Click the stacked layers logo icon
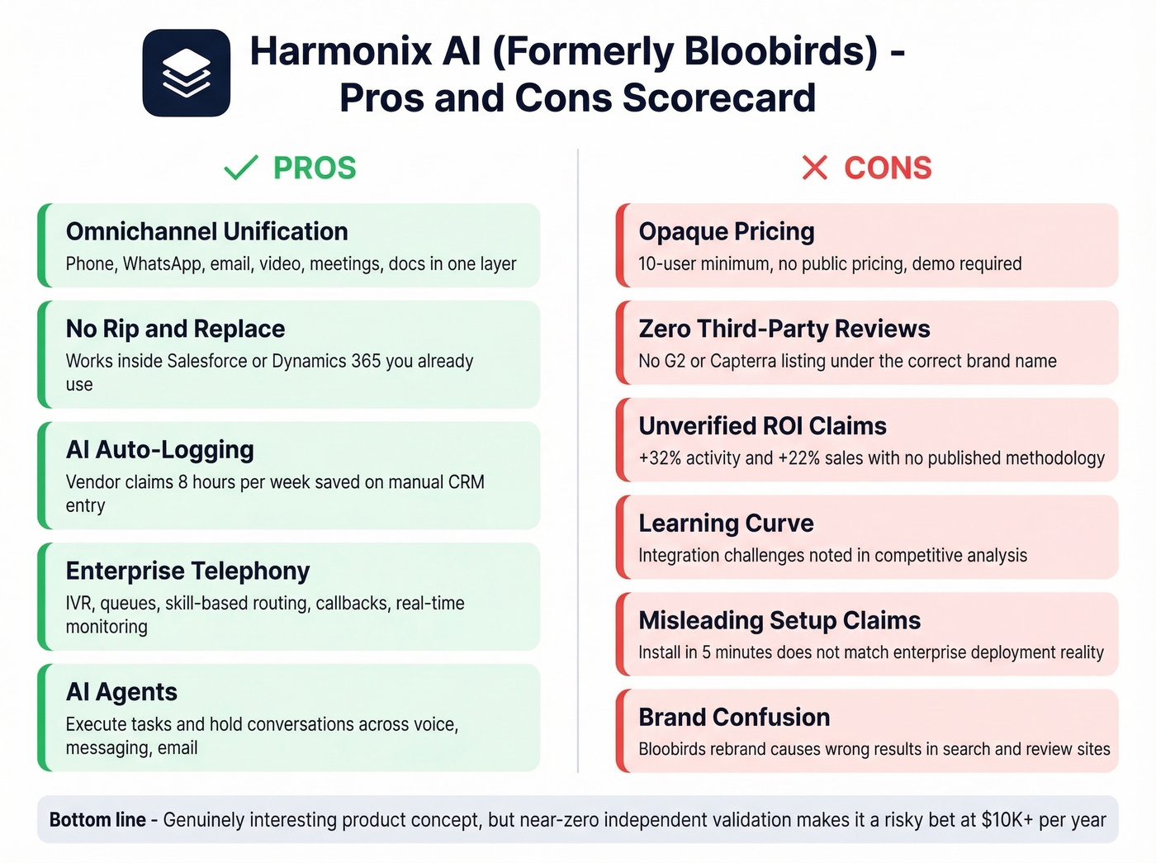[187, 73]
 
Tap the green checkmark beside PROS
[241, 168]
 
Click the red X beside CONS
[814, 168]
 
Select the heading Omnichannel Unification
[206, 231]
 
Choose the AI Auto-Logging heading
[160, 450]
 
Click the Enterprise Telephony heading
[187, 571]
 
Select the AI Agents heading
[121, 692]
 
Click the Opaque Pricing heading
[727, 231]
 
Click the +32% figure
[660, 458]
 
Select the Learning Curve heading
[726, 523]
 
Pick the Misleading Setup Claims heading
[779, 620]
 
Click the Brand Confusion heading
[734, 717]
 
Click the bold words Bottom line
[97, 820]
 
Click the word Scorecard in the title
[718, 97]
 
